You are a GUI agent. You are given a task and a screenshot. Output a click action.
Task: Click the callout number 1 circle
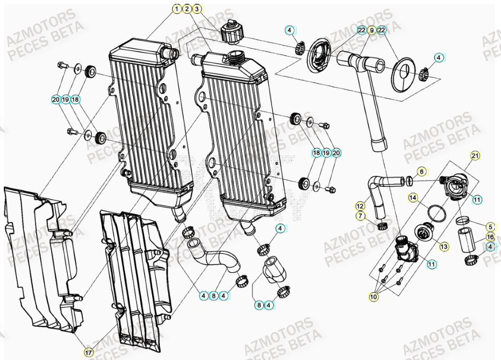point(177,9)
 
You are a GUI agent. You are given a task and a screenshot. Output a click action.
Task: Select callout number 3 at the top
point(197,9)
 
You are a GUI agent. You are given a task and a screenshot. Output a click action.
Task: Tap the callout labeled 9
point(372,30)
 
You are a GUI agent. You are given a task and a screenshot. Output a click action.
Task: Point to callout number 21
point(475,156)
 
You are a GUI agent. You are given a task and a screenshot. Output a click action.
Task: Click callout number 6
point(421,172)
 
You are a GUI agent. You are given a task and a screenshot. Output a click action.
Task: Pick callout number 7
point(360,216)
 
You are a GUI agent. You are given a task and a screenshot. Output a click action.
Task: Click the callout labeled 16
point(491,237)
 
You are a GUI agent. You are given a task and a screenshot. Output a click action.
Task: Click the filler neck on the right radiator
point(238,55)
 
